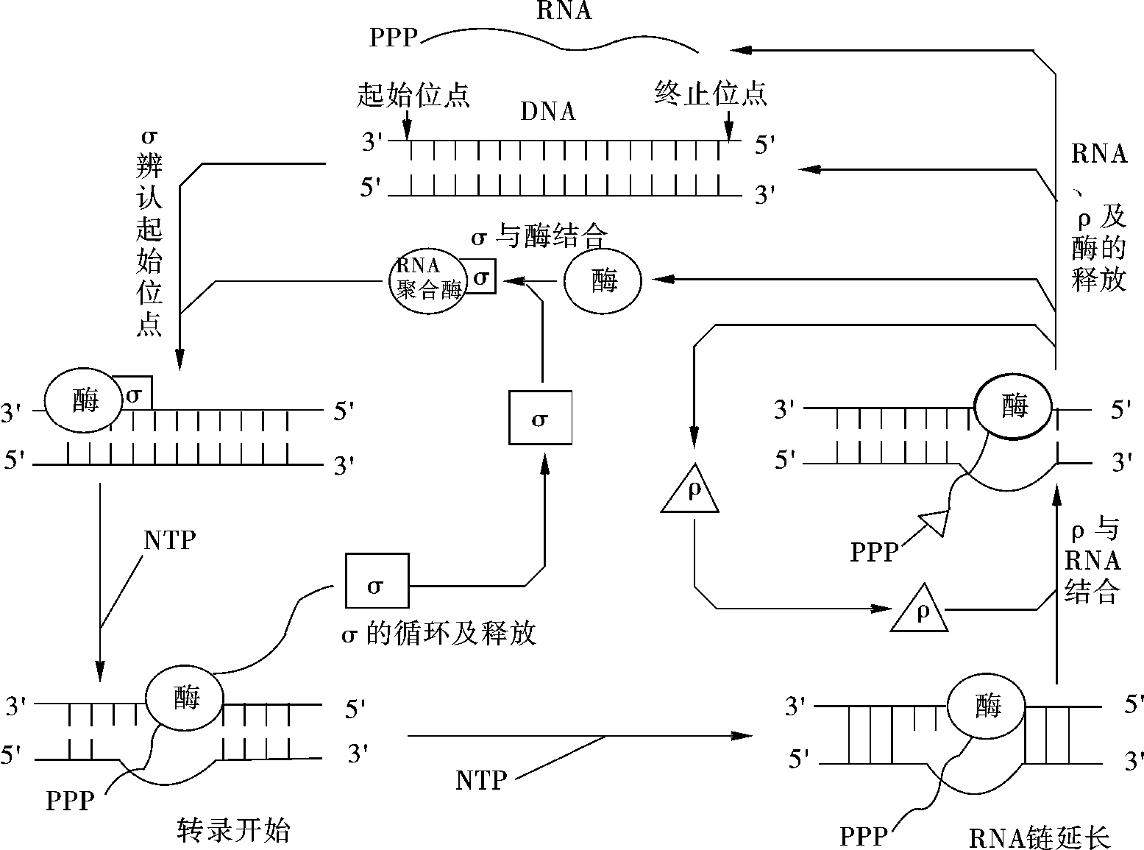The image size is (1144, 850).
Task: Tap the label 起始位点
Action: [413, 95]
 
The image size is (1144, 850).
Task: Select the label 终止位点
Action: [710, 94]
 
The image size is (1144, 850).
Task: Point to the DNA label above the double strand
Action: [548, 111]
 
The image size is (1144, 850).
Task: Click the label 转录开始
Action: [234, 830]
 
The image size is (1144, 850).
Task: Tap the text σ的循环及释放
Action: [439, 633]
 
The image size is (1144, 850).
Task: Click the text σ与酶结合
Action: [539, 237]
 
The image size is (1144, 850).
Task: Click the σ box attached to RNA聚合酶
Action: [480, 277]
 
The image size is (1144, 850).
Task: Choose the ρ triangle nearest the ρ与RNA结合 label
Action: [920, 608]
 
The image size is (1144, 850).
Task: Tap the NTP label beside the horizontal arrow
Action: [481, 780]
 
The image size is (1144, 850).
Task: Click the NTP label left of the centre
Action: [170, 540]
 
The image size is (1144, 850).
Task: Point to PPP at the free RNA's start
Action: [393, 38]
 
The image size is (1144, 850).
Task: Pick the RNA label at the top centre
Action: [564, 10]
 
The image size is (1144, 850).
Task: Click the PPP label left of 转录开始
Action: [70, 801]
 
